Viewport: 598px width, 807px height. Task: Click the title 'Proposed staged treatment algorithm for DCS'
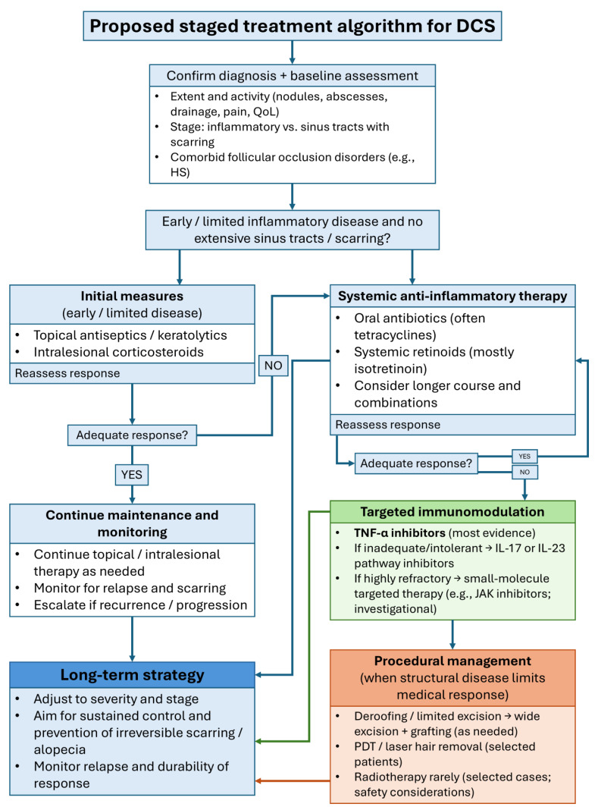292,26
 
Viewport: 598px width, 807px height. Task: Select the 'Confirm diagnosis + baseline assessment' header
292,76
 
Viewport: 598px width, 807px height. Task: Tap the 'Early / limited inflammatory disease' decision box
292,230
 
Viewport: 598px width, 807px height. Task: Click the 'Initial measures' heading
132,296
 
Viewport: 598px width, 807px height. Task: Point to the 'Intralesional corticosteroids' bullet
118,352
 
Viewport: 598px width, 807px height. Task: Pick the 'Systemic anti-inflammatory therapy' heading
452,296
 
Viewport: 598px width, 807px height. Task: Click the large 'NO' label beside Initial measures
273,366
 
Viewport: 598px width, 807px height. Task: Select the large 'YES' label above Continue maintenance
132,475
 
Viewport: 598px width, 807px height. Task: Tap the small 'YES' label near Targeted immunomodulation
524,456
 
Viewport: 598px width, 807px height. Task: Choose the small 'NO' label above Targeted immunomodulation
524,472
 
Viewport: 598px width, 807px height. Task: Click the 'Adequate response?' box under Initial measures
132,435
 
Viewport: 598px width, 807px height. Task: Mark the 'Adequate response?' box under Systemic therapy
416,463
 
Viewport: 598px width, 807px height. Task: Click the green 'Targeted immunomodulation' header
452,512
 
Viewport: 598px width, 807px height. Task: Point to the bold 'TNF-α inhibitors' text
399,533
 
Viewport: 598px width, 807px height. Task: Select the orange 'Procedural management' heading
452,661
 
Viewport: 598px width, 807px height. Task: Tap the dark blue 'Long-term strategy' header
132,675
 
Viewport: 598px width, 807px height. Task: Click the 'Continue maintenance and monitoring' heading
132,523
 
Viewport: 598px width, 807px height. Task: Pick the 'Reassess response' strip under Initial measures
132,373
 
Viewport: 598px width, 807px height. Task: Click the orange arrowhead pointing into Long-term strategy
258,780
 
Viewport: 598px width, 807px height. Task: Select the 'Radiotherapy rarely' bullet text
452,784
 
